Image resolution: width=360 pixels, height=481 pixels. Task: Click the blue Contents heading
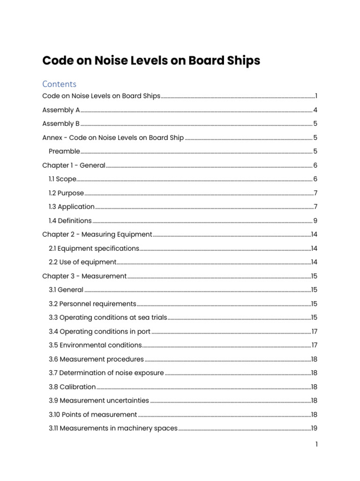click(59, 84)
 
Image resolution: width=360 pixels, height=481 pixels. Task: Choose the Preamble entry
click(64, 152)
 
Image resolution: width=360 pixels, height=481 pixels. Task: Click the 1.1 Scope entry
click(62, 179)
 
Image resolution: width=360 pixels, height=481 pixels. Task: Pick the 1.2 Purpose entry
click(66, 193)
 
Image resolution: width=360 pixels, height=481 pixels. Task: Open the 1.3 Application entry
click(72, 207)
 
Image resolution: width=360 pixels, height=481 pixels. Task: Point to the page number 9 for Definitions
click(315, 221)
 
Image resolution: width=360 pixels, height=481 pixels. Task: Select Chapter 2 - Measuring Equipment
click(97, 234)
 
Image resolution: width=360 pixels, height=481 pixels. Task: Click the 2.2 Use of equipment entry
click(82, 262)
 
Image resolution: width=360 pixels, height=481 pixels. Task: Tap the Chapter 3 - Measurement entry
click(84, 276)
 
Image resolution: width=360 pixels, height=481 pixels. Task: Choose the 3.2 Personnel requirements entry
click(92, 304)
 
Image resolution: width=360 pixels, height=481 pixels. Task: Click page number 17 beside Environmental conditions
click(315, 345)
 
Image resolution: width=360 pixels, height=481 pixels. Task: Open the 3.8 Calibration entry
click(72, 387)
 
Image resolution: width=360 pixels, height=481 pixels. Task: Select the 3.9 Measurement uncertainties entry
click(99, 401)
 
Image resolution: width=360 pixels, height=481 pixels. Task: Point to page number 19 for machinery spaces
click(315, 428)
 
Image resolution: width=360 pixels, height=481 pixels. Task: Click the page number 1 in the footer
click(316, 444)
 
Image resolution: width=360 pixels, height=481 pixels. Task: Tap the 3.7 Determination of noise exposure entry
click(106, 373)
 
